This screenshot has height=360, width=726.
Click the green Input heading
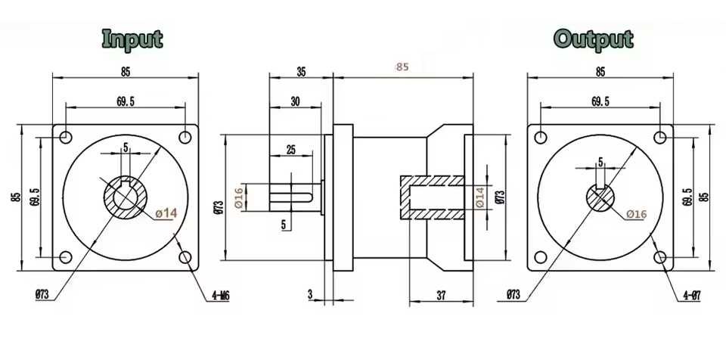(x=132, y=39)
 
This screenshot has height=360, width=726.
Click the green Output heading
(x=594, y=39)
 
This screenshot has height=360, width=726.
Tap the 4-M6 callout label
(x=222, y=296)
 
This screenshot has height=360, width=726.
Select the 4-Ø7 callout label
(x=692, y=295)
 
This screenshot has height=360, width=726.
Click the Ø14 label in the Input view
(x=166, y=213)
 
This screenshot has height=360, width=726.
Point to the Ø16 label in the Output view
(x=636, y=213)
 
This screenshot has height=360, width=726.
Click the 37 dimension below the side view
(x=441, y=296)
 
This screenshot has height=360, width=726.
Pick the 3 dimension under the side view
(x=310, y=295)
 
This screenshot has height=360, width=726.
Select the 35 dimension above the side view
(x=301, y=72)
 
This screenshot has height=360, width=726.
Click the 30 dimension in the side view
(x=295, y=102)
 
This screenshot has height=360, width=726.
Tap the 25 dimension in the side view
(x=290, y=150)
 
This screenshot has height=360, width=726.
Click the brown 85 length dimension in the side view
(x=402, y=67)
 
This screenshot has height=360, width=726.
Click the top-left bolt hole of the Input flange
(x=66, y=137)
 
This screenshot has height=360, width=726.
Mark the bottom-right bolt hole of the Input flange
(x=185, y=257)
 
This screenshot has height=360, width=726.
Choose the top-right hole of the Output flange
(x=660, y=137)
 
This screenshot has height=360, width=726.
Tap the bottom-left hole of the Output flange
(x=541, y=257)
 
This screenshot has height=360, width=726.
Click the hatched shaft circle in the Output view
(x=600, y=198)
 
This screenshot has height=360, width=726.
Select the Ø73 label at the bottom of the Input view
(x=42, y=295)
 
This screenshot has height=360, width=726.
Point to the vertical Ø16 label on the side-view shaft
(x=239, y=197)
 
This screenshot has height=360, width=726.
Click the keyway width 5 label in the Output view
(x=600, y=162)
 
